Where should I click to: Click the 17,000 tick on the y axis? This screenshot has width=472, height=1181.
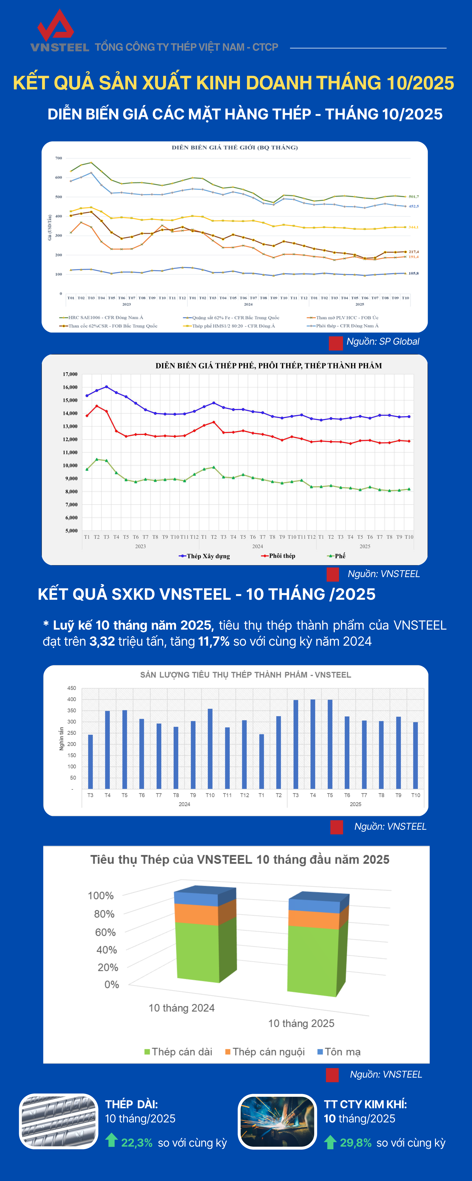click(x=70, y=374)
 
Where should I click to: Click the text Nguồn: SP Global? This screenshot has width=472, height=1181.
click(x=383, y=342)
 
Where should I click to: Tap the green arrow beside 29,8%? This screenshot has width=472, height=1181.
click(x=330, y=1142)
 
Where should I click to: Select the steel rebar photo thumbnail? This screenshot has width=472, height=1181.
click(x=59, y=1121)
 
